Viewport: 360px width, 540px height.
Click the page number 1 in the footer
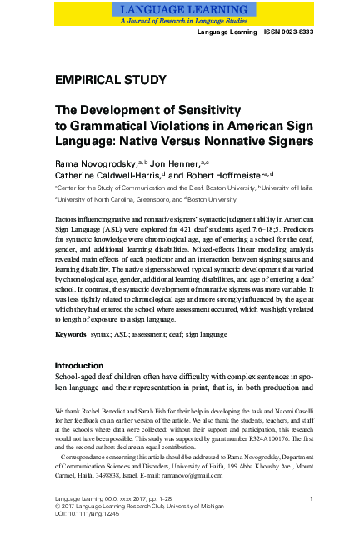[310, 498]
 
